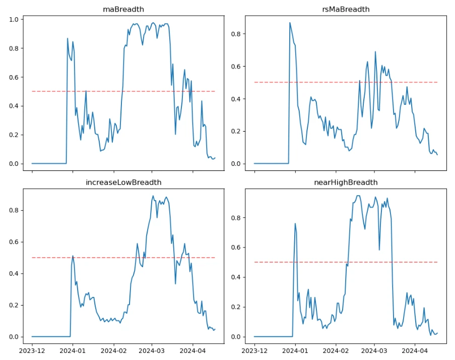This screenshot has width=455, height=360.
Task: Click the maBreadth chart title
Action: click(x=123, y=9)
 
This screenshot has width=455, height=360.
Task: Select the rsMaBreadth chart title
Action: click(x=345, y=9)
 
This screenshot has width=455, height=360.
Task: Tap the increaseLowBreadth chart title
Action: click(x=123, y=182)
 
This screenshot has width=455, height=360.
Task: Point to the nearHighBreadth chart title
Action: click(x=345, y=182)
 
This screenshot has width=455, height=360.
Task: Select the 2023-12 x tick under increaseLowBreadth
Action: click(x=32, y=350)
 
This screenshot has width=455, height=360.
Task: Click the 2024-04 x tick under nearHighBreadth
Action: click(x=415, y=350)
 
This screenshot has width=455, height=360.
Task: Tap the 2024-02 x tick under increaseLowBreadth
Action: click(x=113, y=350)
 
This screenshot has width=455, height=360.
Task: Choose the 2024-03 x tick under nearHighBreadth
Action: click(x=374, y=350)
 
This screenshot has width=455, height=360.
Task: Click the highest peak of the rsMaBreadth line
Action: click(x=290, y=23)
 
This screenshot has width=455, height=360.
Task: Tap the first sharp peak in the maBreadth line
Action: click(x=68, y=38)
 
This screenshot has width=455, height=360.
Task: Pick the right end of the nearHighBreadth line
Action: click(x=437, y=333)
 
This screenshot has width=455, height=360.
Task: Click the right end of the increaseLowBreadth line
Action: click(x=215, y=329)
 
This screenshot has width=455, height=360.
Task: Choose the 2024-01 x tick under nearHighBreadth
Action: click(x=295, y=350)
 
